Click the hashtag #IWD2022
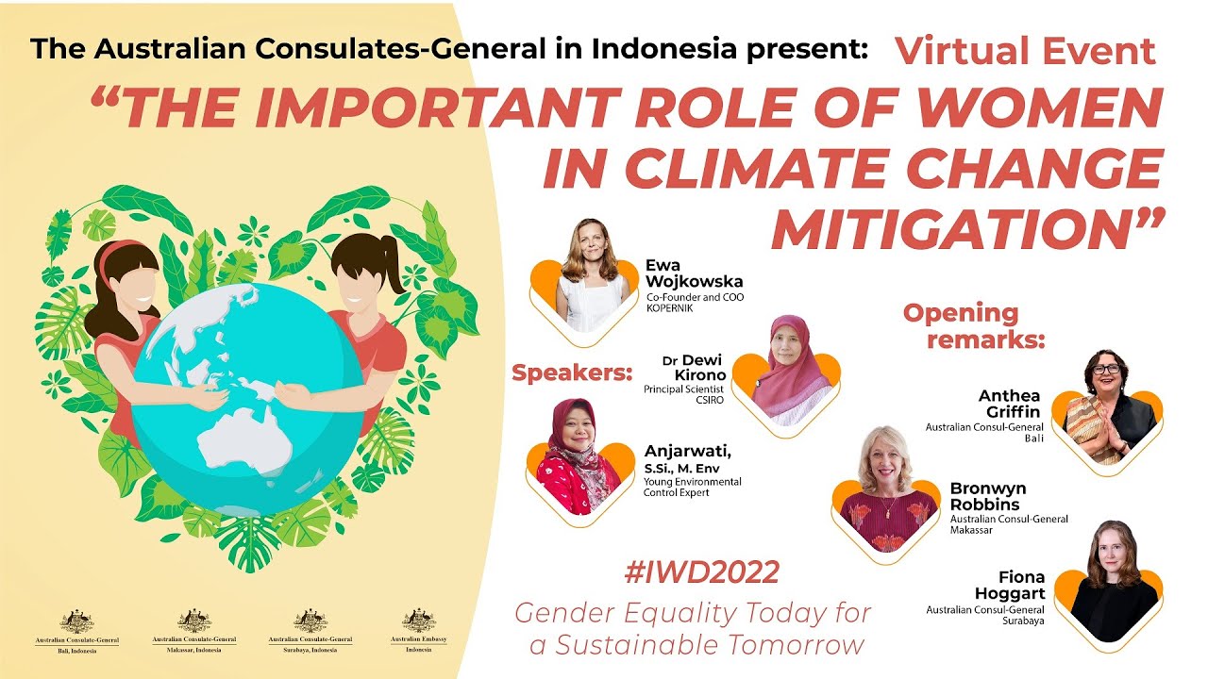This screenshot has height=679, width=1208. point(701,571)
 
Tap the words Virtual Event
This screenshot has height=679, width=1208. point(1026,51)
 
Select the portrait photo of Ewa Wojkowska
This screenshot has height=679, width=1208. point(593,275)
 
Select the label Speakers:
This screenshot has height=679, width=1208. point(571,373)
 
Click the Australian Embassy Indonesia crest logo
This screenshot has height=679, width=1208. point(419,621)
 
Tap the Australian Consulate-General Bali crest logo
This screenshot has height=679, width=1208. point(77,621)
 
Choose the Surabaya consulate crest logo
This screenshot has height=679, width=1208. point(310,621)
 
